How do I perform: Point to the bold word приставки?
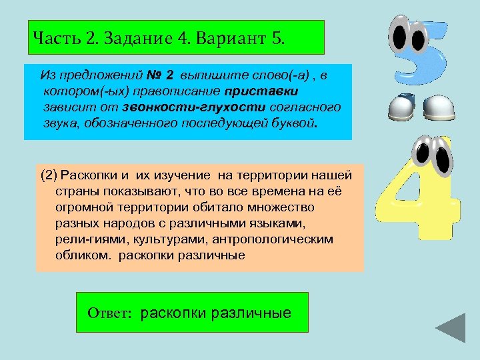pyautogui.click(x=261, y=89)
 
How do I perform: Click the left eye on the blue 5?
pyautogui.click(x=401, y=39)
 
